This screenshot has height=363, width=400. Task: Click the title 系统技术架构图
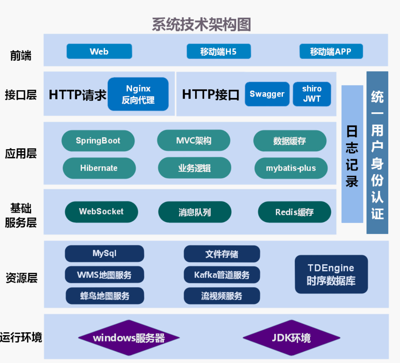click(201, 24)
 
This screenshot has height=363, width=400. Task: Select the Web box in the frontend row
click(99, 51)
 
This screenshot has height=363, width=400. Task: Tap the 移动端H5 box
click(218, 51)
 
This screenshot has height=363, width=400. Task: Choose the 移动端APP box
click(331, 51)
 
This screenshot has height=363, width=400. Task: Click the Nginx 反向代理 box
click(138, 94)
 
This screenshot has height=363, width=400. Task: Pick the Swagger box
click(267, 94)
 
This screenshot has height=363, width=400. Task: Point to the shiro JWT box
click(312, 94)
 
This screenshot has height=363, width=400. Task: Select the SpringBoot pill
click(98, 141)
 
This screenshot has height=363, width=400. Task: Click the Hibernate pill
click(99, 168)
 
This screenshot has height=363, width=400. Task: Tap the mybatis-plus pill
click(291, 168)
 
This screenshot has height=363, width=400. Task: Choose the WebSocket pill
click(101, 212)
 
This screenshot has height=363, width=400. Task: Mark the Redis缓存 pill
click(294, 212)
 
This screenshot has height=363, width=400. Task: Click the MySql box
click(104, 254)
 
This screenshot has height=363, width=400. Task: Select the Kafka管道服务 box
click(222, 275)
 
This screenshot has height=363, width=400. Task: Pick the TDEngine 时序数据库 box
click(331, 274)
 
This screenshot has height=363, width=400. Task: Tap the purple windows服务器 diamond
click(129, 338)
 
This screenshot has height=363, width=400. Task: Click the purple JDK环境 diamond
click(291, 338)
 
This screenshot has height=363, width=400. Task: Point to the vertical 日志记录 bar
click(352, 154)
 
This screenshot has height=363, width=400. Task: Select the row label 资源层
click(21, 278)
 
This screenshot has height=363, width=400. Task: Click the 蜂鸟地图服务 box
click(105, 296)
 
